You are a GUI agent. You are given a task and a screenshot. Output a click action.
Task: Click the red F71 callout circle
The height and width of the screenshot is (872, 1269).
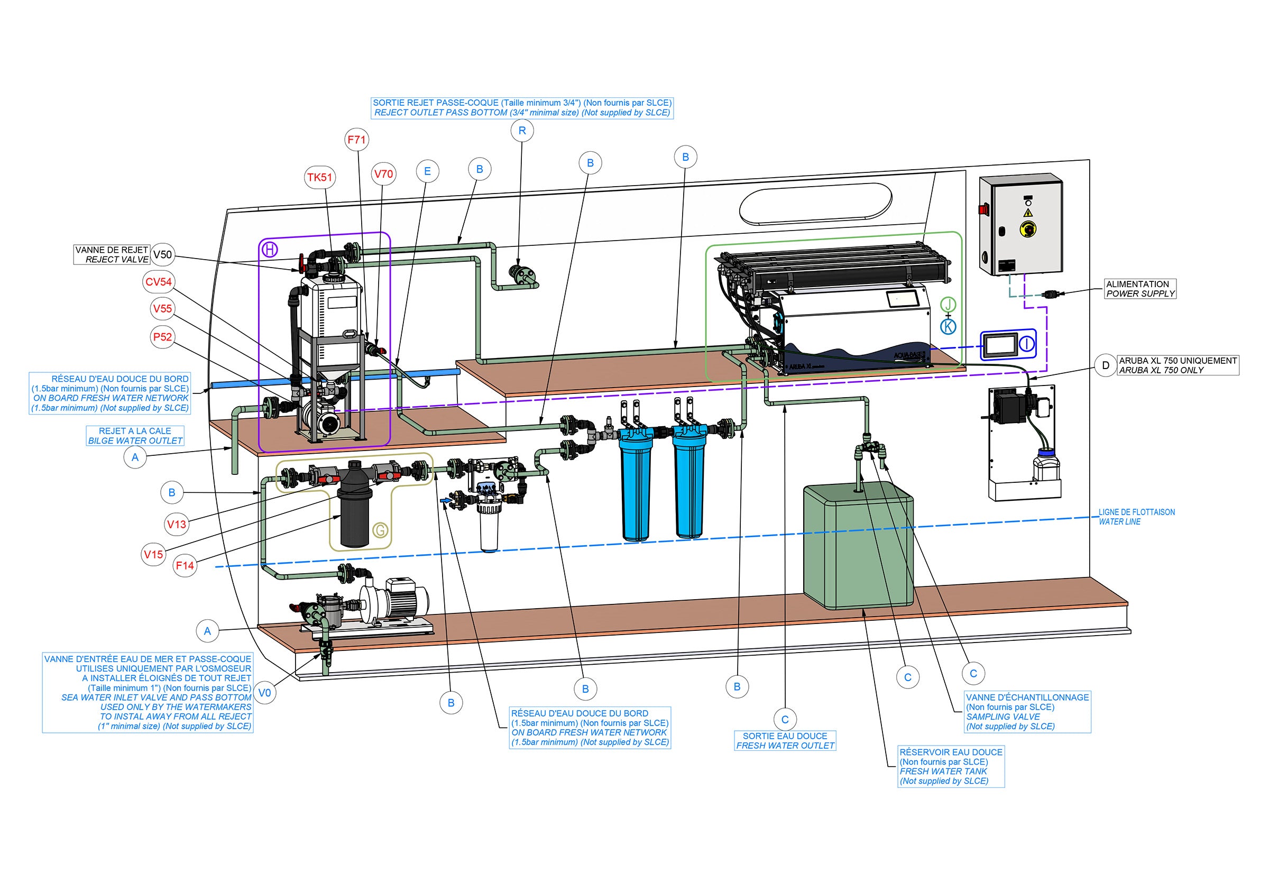coord(357,140)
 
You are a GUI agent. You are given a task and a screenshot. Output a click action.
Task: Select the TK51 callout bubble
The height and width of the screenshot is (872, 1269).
coord(319,178)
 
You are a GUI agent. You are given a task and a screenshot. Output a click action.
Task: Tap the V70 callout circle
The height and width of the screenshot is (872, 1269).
coord(383,175)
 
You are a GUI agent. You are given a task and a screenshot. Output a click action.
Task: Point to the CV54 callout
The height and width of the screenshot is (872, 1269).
coord(159,282)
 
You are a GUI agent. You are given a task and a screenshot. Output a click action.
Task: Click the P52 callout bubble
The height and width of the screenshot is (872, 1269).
coord(162,337)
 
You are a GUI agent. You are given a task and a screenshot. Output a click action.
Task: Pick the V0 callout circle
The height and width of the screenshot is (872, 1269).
coord(264,693)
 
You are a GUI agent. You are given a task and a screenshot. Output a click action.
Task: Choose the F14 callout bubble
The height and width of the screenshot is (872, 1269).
coord(185,565)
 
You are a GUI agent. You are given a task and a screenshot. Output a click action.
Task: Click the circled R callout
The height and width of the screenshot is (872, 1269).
coord(522,131)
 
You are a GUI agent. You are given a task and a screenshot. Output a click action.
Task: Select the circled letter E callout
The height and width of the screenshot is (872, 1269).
coord(427,171)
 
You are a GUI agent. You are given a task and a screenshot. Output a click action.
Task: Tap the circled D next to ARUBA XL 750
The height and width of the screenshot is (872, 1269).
coord(1106,365)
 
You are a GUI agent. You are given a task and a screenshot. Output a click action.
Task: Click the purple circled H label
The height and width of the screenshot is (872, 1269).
coord(270,250)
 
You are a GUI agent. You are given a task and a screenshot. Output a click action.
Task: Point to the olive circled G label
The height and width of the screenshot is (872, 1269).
coord(380,529)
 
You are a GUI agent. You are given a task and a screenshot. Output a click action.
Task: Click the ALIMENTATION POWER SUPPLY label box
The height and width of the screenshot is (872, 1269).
coord(1140,289)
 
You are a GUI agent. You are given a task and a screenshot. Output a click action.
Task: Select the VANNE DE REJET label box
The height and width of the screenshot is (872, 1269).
coord(112,254)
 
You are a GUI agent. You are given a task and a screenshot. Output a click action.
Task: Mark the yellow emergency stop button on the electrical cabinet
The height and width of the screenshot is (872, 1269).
coord(1027,229)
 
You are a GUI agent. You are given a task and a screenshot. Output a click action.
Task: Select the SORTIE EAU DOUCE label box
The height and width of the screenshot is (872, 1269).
coord(785,741)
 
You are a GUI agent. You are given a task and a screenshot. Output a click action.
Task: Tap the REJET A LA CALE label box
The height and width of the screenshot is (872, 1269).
coord(135,435)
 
